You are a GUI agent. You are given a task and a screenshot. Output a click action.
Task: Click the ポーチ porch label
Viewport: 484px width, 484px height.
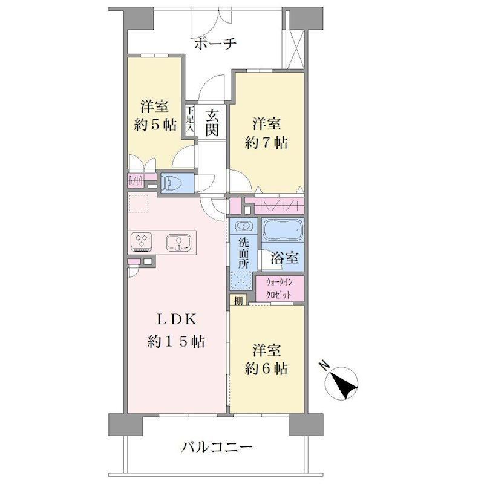(x=216, y=43)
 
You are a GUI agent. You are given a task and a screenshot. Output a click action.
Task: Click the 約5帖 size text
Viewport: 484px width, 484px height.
(x=155, y=125)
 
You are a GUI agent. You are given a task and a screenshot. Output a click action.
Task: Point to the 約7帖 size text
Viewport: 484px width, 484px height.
(x=266, y=143)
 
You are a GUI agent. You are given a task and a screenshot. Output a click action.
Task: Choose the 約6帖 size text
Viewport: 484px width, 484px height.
(x=266, y=368)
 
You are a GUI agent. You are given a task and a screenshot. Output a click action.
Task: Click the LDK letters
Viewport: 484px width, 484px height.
(x=176, y=320)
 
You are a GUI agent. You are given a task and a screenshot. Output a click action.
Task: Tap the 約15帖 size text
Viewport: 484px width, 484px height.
(x=176, y=342)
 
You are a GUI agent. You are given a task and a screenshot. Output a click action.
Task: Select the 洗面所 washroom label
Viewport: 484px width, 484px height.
(x=243, y=253)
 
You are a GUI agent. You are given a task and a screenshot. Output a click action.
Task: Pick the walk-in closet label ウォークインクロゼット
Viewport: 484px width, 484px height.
(x=279, y=289)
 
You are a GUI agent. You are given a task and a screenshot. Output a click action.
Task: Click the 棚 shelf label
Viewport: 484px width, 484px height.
(x=238, y=300)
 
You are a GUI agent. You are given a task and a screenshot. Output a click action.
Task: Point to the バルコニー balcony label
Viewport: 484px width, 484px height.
(x=217, y=446)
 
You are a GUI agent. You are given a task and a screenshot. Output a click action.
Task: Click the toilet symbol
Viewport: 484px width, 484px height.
(x=172, y=184)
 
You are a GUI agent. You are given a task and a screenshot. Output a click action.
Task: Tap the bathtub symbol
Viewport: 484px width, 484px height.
(x=283, y=231)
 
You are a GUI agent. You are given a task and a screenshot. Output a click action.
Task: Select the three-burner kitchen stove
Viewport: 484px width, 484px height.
(x=142, y=241)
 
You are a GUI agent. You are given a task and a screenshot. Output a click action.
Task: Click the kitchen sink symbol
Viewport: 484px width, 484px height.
(x=179, y=243)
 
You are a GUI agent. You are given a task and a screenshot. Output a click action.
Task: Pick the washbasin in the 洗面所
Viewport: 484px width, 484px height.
(x=244, y=226)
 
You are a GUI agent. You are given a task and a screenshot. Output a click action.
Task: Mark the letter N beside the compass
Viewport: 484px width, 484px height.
(x=324, y=365)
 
